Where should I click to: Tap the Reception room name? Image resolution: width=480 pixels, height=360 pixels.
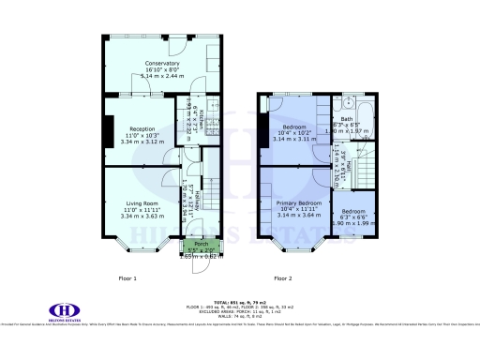[142, 128]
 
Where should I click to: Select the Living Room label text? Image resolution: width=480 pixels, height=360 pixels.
[142, 202]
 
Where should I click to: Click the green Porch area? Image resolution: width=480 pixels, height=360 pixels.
[196, 248]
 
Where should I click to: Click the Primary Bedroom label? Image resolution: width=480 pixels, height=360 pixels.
[298, 202]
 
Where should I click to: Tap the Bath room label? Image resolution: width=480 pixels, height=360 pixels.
[347, 119]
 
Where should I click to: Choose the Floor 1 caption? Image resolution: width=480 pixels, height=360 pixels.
[127, 278]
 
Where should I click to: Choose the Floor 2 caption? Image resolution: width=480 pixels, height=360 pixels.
[282, 278]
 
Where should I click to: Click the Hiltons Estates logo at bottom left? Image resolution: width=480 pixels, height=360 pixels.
[63, 310]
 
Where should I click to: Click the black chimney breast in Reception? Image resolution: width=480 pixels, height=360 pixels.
[107, 131]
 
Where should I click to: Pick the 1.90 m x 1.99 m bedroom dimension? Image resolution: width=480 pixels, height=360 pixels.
[352, 223]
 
